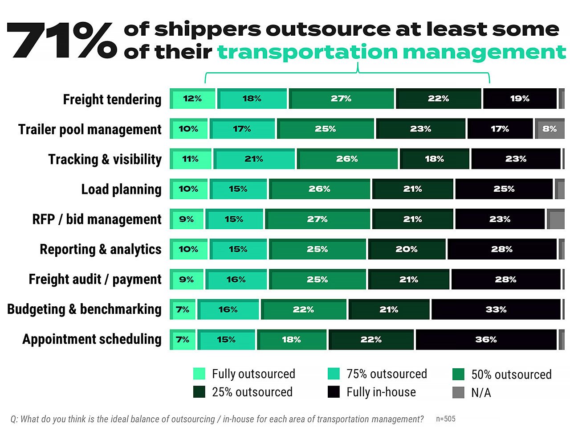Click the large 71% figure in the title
(62, 41)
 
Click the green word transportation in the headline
(307, 53)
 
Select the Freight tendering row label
(112, 99)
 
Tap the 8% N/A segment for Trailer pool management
(550, 129)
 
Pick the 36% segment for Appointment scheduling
(486, 340)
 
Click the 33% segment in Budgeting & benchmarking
(496, 309)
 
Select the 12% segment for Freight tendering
(192, 99)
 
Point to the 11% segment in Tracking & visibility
(191, 159)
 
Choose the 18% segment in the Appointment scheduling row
(292, 340)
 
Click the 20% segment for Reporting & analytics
(407, 249)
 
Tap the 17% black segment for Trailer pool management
(500, 129)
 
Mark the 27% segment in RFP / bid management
(318, 219)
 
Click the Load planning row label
(121, 189)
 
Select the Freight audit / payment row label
(95, 279)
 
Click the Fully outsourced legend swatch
(199, 374)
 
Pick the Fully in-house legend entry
(381, 392)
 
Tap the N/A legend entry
(480, 392)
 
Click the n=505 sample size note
(445, 419)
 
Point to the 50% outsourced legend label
(511, 374)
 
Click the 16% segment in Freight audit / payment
(236, 280)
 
